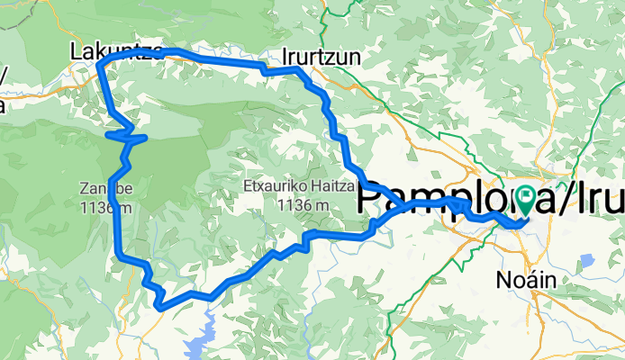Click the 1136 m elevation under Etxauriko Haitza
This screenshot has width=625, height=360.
[x=288, y=206]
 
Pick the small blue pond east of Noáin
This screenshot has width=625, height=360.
[x=587, y=261]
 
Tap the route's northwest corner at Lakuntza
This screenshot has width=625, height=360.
[x=99, y=65]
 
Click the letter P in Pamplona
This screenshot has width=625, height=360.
[x=371, y=199]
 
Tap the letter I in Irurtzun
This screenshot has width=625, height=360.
[x=285, y=56]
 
